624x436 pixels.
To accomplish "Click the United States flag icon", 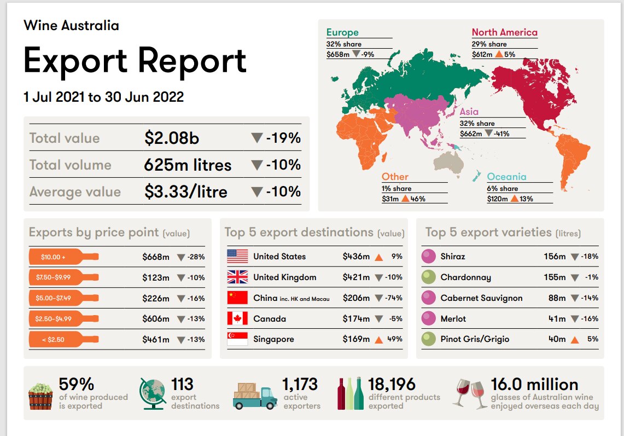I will pyautogui.click(x=237, y=257).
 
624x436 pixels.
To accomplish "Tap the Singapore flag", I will pyautogui.click(x=237, y=339).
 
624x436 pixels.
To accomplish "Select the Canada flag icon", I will pyautogui.click(x=237, y=318).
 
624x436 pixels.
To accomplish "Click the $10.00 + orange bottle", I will pyautogui.click(x=63, y=257).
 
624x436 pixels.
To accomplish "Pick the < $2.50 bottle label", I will pyautogui.click(x=63, y=339).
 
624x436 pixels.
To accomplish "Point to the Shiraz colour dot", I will pyautogui.click(x=429, y=257).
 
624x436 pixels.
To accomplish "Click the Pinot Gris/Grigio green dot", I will pyautogui.click(x=429, y=339).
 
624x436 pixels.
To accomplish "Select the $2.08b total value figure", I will pyautogui.click(x=172, y=138).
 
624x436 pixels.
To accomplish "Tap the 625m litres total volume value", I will pyautogui.click(x=188, y=165).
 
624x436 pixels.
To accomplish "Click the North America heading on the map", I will pyautogui.click(x=504, y=32).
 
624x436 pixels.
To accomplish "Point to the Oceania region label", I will pyautogui.click(x=506, y=177).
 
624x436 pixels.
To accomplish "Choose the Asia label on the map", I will pyautogui.click(x=469, y=112).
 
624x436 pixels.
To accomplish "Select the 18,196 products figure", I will pyautogui.click(x=392, y=384).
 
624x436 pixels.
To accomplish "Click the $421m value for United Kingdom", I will pyautogui.click(x=356, y=277).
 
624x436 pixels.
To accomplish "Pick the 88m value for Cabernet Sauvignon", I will pyautogui.click(x=555, y=298).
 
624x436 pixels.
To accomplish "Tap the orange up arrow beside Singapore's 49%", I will pyautogui.click(x=378, y=340).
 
